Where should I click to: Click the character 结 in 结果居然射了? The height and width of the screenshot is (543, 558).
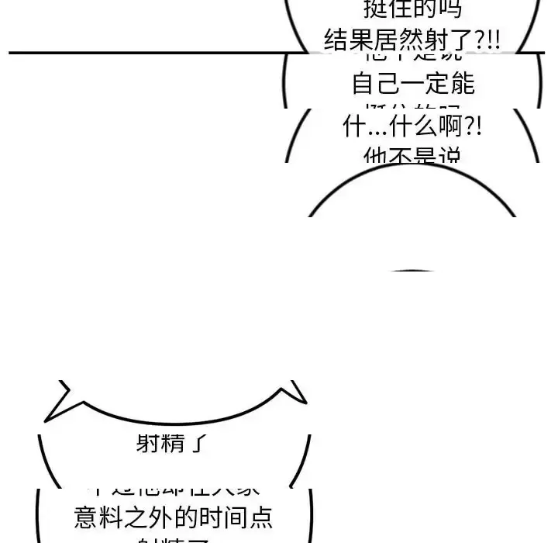click(x=335, y=40)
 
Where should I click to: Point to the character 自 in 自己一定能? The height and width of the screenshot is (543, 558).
click(x=363, y=84)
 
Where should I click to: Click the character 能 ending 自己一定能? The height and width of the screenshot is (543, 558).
click(x=462, y=84)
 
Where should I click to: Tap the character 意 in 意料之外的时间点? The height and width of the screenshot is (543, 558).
click(x=87, y=517)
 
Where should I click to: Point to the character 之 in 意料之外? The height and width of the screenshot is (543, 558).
click(x=136, y=517)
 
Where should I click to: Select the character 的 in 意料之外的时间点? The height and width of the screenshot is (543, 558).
click(x=186, y=517)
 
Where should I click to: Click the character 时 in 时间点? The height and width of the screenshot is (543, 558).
click(x=211, y=517)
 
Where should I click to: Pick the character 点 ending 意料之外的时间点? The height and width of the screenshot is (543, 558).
click(x=260, y=517)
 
